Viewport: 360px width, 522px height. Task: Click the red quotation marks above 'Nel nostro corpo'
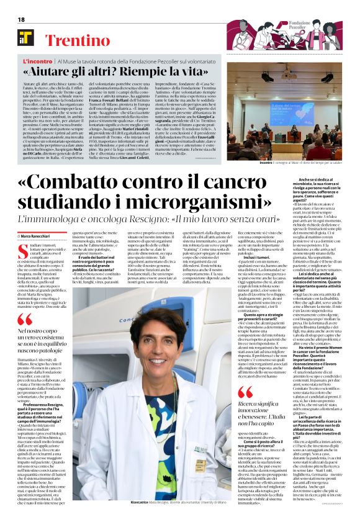(x=25, y=319)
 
